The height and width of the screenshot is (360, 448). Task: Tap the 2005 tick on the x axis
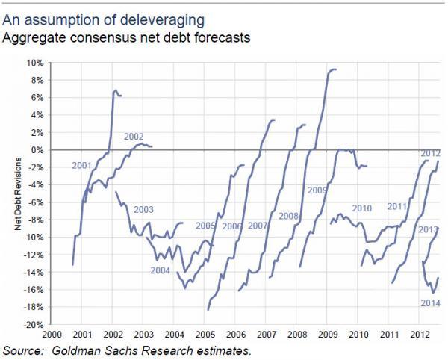coord(205,334)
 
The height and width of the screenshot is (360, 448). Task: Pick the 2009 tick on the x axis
coord(328,334)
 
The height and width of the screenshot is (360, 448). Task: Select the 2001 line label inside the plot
coord(82,164)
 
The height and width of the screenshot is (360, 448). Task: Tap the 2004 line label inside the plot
coord(160,270)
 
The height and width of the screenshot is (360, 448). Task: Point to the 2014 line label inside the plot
coord(429,302)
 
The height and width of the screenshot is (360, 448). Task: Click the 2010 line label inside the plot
coord(361,208)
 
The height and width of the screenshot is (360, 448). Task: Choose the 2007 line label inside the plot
coord(258,226)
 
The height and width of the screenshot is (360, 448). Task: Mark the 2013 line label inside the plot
coord(427,229)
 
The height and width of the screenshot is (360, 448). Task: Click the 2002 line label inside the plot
coord(134,137)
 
